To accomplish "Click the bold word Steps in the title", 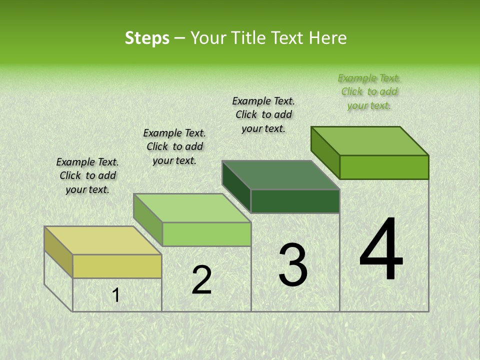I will point(147,38).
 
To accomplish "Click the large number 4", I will point(381,250).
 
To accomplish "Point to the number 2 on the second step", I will point(202,280).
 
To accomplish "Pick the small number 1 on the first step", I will point(116,295).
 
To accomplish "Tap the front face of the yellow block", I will point(117,266).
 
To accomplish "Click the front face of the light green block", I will point(206,234).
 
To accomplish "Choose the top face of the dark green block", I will point(280,175).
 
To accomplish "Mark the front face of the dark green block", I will point(295,201).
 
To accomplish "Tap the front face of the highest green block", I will point(384,167).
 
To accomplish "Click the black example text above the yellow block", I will point(87,175).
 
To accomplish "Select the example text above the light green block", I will point(174,146).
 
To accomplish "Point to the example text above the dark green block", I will point(263,114).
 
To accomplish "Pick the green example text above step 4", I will point(369,91).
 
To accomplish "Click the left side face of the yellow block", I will point(58,252).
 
